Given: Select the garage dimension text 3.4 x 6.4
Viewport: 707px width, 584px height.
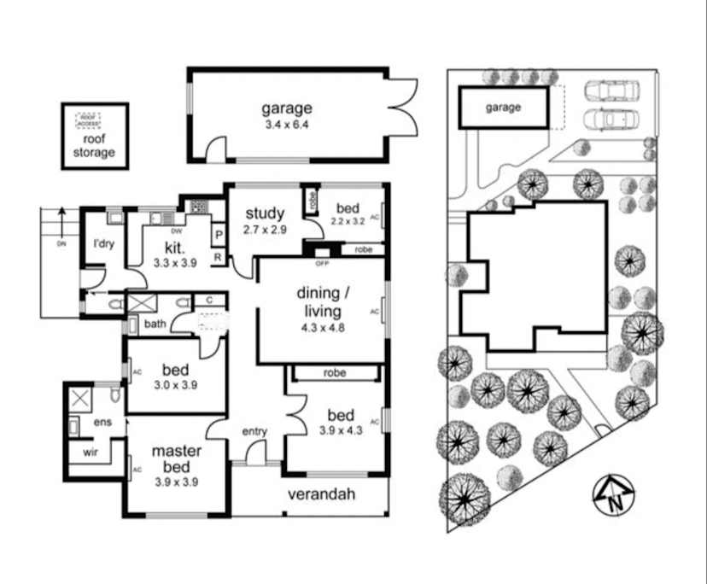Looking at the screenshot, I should point(286,125).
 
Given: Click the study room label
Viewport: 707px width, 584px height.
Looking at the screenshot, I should point(265,213).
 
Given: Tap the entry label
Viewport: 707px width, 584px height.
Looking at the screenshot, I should point(255,431).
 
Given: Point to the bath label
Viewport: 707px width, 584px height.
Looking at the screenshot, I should point(154,324).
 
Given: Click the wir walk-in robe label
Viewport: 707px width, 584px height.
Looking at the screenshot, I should point(90,453).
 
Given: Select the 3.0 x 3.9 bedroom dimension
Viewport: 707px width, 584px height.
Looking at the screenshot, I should point(175,385).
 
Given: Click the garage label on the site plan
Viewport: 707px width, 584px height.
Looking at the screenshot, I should point(503,108).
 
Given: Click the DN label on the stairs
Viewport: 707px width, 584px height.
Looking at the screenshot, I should point(61,243).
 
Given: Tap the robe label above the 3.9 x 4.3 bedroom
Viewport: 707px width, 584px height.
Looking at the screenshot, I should point(335,373).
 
